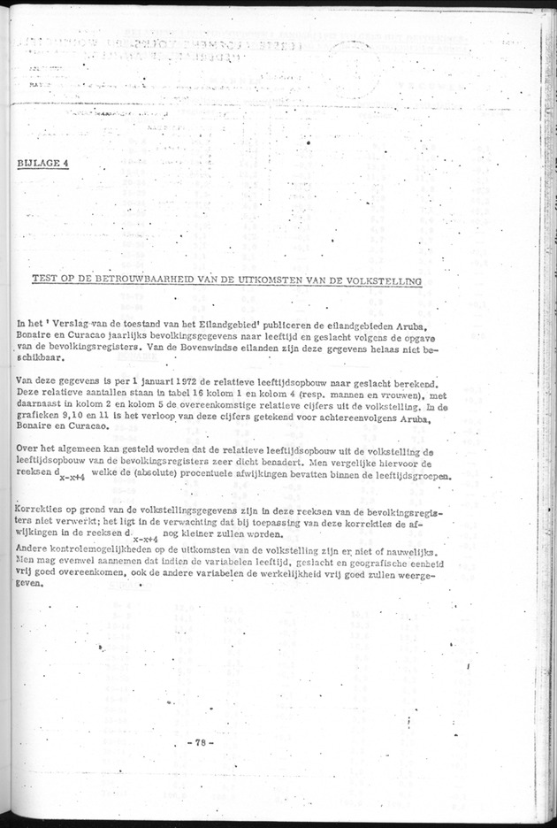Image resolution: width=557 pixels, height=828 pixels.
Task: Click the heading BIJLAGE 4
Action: tap(42, 164)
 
